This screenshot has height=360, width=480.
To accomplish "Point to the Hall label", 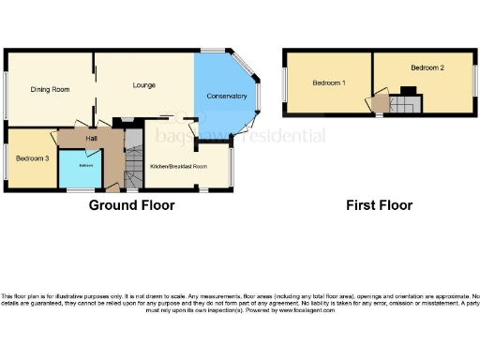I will [92, 139].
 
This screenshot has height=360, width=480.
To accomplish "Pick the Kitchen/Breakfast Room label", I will [179, 166].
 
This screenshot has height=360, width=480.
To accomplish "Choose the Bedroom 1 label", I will [329, 82].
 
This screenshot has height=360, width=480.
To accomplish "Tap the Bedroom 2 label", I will [427, 68].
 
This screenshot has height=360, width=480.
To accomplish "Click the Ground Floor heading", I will [131, 205].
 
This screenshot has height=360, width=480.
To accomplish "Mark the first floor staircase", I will [403, 106].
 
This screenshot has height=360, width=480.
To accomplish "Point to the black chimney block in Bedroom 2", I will [407, 91].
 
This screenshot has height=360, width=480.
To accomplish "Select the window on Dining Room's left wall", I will [6, 94].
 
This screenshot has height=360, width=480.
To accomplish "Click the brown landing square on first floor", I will [381, 104].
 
